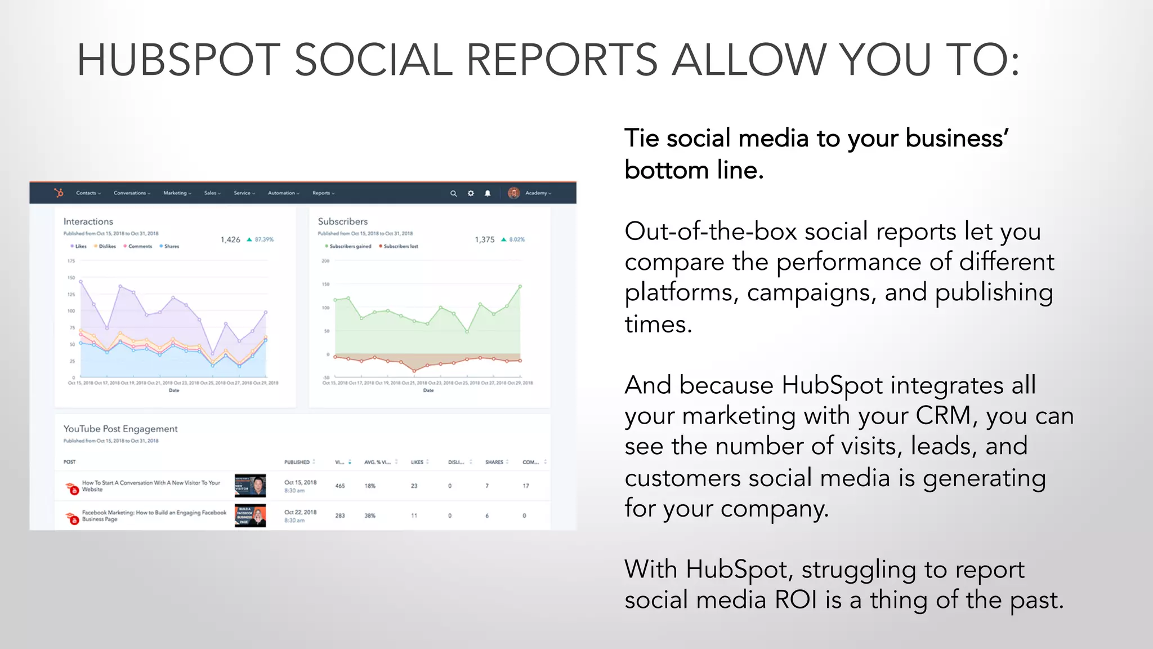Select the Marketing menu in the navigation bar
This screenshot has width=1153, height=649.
[x=177, y=193]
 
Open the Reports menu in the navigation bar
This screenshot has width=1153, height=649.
[x=323, y=193]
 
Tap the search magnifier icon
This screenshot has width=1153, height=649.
[x=453, y=193]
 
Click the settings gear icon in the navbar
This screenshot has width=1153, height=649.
[x=471, y=193]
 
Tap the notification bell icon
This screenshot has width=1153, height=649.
[x=488, y=193]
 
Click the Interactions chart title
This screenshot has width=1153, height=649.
[x=88, y=221]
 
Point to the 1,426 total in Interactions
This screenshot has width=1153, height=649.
[x=230, y=239]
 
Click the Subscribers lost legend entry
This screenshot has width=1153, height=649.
[x=400, y=246]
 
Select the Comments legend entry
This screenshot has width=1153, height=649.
[x=140, y=246]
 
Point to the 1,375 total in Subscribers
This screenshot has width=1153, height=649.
[x=484, y=239]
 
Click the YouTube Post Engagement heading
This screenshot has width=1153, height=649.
[x=120, y=429]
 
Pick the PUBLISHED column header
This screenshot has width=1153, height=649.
[x=297, y=462]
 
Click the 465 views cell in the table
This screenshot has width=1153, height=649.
[x=340, y=486]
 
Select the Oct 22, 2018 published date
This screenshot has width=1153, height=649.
[x=300, y=512]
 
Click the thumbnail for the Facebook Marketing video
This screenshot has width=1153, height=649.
[x=250, y=515]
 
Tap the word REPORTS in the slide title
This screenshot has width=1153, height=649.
[x=561, y=60]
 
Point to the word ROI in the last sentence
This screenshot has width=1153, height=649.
[x=796, y=599]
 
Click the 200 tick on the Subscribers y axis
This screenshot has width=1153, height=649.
[x=325, y=261]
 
